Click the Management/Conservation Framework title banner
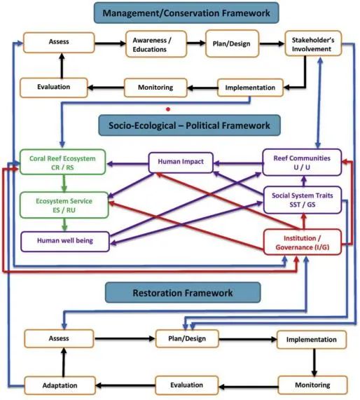(186, 13)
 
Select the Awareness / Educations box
(156, 44)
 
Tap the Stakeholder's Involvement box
(313, 43)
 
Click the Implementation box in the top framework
(250, 88)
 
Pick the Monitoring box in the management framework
(155, 88)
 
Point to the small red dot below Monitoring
(168, 109)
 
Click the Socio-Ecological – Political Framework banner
(189, 125)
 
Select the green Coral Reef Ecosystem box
(63, 162)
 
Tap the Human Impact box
(181, 162)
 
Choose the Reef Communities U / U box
(302, 163)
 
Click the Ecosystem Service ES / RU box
(64, 205)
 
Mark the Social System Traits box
(303, 200)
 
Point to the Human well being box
(65, 241)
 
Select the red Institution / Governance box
(303, 242)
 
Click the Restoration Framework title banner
(183, 292)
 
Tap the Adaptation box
(60, 385)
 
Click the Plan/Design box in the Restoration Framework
(187, 339)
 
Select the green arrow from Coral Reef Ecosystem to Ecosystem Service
(64, 184)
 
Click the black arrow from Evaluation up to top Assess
(62, 66)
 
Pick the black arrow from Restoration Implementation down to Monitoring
(314, 362)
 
